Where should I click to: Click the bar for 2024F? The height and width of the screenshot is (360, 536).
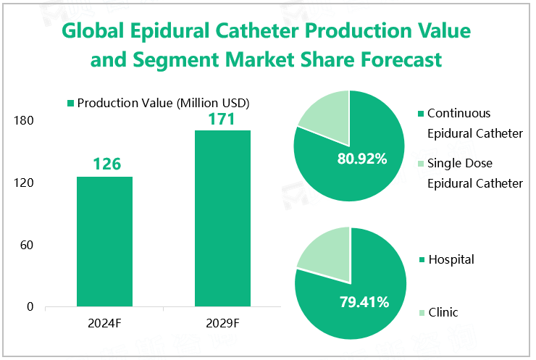(105, 241)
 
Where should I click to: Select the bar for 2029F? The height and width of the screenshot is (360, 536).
(222, 218)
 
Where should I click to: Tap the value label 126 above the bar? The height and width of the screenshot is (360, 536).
(106, 164)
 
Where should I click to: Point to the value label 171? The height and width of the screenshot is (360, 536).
(222, 118)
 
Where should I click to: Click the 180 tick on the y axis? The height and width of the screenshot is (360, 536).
(24, 121)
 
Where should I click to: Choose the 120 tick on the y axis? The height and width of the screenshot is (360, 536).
(24, 183)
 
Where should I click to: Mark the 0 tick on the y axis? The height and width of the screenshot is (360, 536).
(30, 307)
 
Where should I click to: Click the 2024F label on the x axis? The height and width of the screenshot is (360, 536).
(106, 322)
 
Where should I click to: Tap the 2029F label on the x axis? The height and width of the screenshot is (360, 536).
(222, 322)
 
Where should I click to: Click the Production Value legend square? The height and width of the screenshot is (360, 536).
(70, 104)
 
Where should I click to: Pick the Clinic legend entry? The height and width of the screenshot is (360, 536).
(443, 313)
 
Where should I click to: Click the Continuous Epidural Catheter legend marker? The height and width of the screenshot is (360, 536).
(420, 114)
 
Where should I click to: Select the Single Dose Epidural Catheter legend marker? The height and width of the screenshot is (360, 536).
(420, 164)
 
